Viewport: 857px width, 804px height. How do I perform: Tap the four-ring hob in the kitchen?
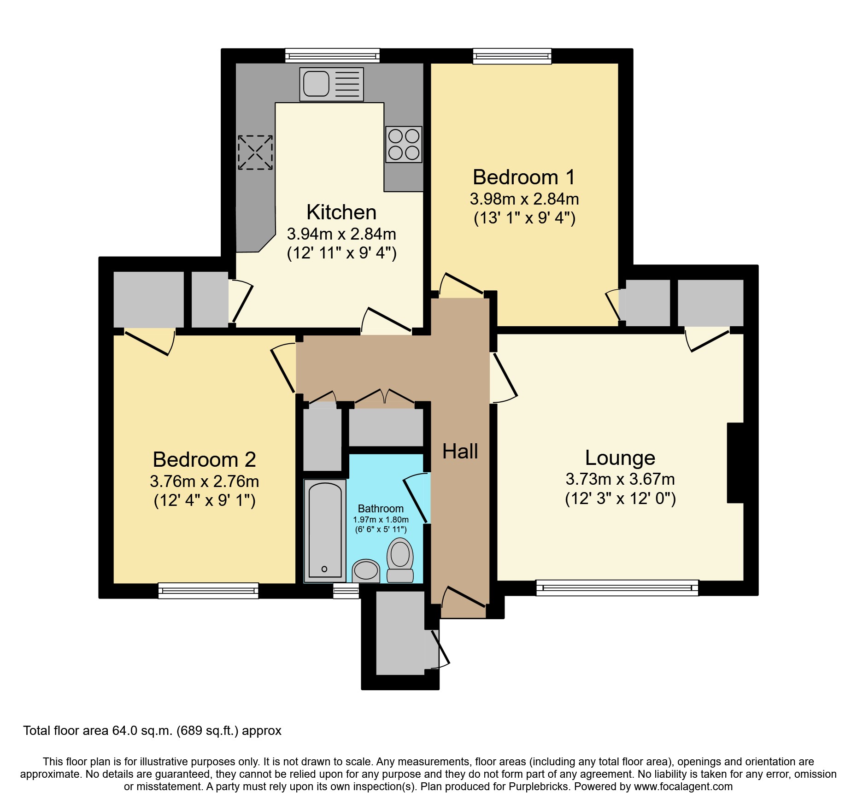tap(404, 144)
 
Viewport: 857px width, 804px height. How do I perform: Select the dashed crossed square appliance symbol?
tap(255, 152)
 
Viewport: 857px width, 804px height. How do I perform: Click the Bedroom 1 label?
tap(524, 177)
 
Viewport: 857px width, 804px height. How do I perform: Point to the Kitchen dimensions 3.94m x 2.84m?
tap(341, 234)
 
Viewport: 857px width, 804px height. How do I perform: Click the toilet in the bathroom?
tap(400, 559)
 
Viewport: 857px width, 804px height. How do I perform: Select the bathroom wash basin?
tap(366, 570)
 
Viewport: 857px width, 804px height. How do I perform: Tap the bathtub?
tap(325, 530)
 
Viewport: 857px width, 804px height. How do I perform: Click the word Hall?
tap(460, 452)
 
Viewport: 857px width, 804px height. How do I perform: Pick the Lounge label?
tap(620, 458)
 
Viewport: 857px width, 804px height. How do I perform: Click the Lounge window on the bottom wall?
tap(617, 588)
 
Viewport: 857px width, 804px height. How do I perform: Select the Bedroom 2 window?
tap(208, 591)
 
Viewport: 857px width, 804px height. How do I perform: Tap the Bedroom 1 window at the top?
tap(512, 56)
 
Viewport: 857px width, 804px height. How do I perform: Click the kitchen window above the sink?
tap(332, 56)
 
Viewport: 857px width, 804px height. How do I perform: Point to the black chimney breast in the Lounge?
tap(735, 463)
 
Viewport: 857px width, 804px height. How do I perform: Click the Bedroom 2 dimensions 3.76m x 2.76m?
tap(204, 481)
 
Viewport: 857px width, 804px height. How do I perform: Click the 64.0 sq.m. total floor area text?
tap(152, 731)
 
